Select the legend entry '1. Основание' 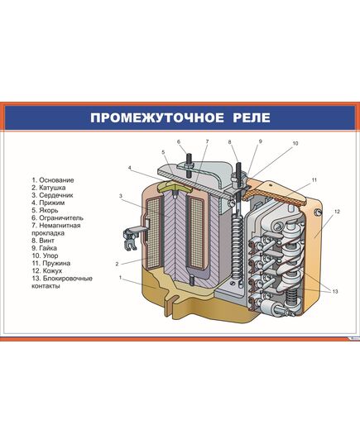coord(53,180)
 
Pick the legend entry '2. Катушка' coord(50,188)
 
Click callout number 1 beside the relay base coord(122,279)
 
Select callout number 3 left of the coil coord(121,196)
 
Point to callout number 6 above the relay coord(178,141)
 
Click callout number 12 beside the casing coord(337,212)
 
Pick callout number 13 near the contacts coord(336,291)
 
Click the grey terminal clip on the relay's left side coord(130,240)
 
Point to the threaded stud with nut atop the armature coord(190,162)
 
